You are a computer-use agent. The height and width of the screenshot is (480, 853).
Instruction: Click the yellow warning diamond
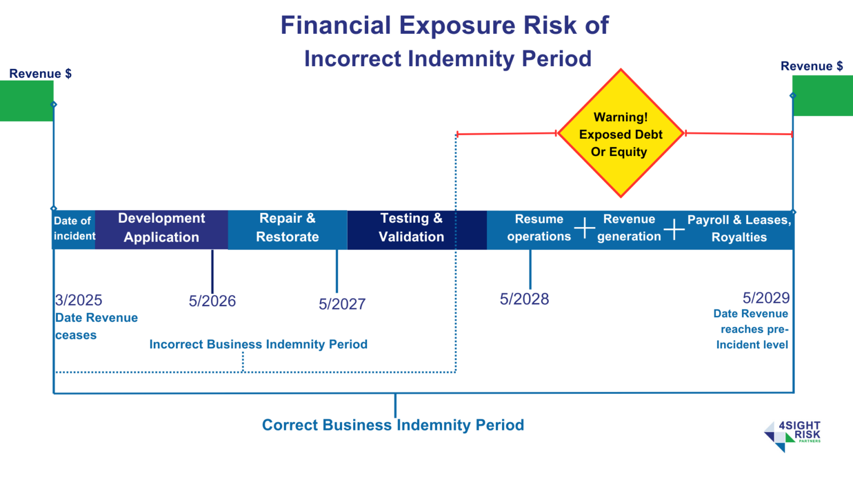[620, 133]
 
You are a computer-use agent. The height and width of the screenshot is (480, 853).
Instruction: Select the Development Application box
[162, 228]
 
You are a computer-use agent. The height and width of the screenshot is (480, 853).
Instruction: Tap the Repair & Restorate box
[287, 228]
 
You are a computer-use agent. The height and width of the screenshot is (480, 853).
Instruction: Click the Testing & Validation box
[412, 228]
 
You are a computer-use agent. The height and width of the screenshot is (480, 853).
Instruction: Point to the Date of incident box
[74, 228]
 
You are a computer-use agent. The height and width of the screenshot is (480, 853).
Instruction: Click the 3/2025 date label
[79, 300]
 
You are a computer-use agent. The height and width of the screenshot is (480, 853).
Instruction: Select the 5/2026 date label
[212, 301]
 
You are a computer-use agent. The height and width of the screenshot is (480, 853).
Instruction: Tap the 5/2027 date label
[342, 304]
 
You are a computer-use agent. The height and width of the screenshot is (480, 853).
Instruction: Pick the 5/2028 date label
[524, 299]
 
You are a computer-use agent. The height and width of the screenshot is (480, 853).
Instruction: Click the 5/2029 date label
[766, 298]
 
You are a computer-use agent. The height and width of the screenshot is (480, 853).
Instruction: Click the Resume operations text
[539, 228]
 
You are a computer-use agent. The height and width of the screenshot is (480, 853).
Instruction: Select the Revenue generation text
[629, 228]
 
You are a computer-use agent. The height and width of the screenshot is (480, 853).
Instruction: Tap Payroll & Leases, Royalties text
[739, 228]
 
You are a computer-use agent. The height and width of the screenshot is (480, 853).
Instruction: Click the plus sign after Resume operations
[584, 228]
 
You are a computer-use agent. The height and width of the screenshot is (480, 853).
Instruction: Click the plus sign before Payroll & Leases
[674, 229]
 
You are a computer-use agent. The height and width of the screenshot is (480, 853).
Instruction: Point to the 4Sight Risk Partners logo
[792, 436]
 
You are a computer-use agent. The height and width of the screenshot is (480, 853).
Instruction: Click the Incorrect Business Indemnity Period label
[258, 344]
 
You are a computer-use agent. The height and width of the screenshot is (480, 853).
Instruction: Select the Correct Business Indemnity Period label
[393, 425]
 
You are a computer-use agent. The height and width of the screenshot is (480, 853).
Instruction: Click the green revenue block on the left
[26, 101]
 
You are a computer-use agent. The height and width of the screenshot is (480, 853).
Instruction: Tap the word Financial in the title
[335, 26]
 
